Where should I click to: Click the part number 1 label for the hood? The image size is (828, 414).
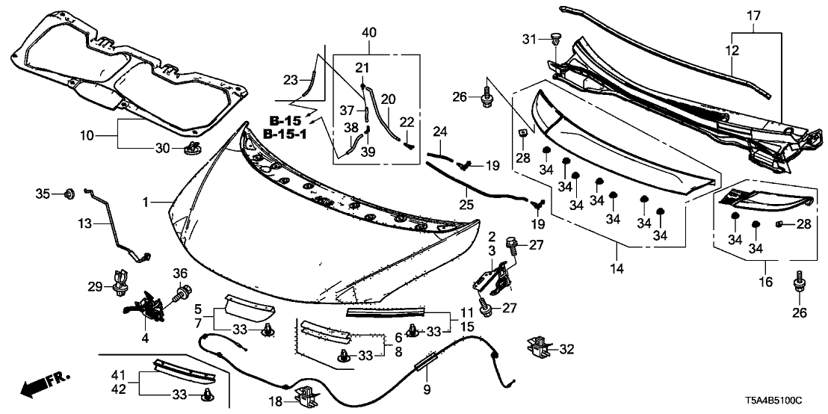(x=147, y=202)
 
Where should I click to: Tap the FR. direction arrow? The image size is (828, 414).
(x=40, y=387)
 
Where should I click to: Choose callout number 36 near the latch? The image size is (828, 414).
(x=180, y=273)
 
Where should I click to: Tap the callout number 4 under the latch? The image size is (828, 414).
(x=145, y=339)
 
